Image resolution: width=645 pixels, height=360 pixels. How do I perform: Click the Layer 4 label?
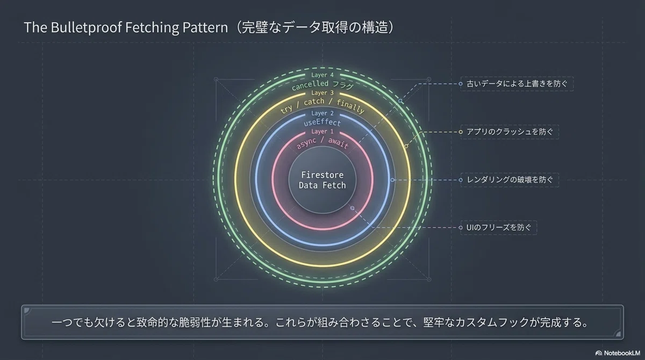[322, 75]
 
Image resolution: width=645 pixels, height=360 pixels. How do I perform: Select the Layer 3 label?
[322, 93]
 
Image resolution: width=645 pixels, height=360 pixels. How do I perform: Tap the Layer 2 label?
[322, 113]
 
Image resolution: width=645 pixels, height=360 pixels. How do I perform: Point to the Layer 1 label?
[322, 132]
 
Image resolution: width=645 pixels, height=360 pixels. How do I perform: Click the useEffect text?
[322, 123]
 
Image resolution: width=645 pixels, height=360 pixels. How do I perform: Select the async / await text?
[322, 143]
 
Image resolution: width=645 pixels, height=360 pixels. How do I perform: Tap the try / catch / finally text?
[322, 105]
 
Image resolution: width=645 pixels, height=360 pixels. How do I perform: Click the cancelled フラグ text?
[322, 84]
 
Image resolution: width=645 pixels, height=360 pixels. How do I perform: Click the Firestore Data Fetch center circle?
[322, 180]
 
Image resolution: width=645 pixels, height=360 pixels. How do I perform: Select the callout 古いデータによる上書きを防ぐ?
[517, 84]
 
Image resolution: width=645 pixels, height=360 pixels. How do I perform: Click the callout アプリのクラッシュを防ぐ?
[510, 132]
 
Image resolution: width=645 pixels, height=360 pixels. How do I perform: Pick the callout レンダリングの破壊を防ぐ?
[510, 180]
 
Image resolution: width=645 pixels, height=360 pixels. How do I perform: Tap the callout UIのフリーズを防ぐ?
[498, 228]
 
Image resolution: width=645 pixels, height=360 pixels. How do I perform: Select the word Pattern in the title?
[205, 27]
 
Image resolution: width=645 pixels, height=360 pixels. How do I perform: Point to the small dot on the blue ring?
[392, 180]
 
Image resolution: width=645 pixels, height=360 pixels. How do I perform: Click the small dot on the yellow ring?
[406, 146]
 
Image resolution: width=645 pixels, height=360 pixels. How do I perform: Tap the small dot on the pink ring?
[352, 208]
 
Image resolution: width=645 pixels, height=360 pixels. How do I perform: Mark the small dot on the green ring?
[400, 100]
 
